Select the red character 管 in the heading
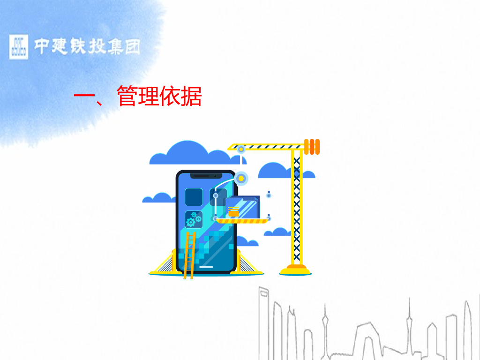[x=127, y=96]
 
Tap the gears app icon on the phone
[x=194, y=219]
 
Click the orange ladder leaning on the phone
[x=189, y=255]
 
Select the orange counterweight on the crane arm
[x=312, y=146]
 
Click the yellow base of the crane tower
[x=296, y=270]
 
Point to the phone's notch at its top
[x=206, y=175]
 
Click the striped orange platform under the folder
[x=241, y=221]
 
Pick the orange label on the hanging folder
[x=233, y=211]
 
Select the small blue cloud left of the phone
[x=158, y=198]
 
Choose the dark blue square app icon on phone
[x=194, y=197]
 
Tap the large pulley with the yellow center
[x=241, y=178]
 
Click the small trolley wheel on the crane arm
[x=241, y=150]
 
